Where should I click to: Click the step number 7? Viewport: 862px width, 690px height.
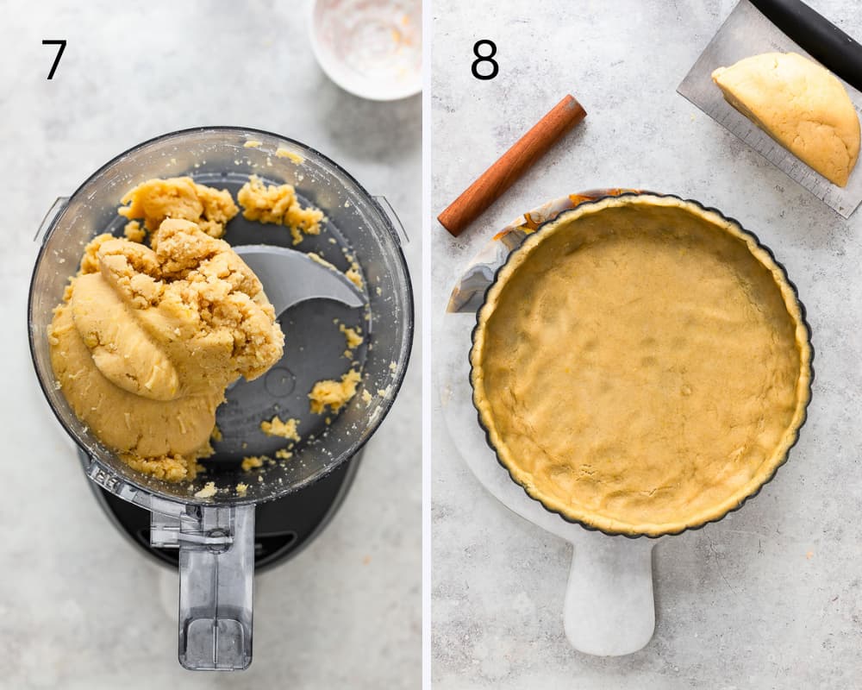(54, 60)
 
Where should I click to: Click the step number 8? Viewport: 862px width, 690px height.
(484, 60)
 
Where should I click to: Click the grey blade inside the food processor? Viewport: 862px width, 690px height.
(300, 279)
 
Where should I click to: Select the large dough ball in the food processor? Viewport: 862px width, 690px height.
(165, 308)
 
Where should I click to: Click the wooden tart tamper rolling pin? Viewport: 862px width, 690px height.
(511, 165)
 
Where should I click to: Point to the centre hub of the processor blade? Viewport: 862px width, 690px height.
(279, 379)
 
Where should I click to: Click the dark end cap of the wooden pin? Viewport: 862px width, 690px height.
(575, 107)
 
